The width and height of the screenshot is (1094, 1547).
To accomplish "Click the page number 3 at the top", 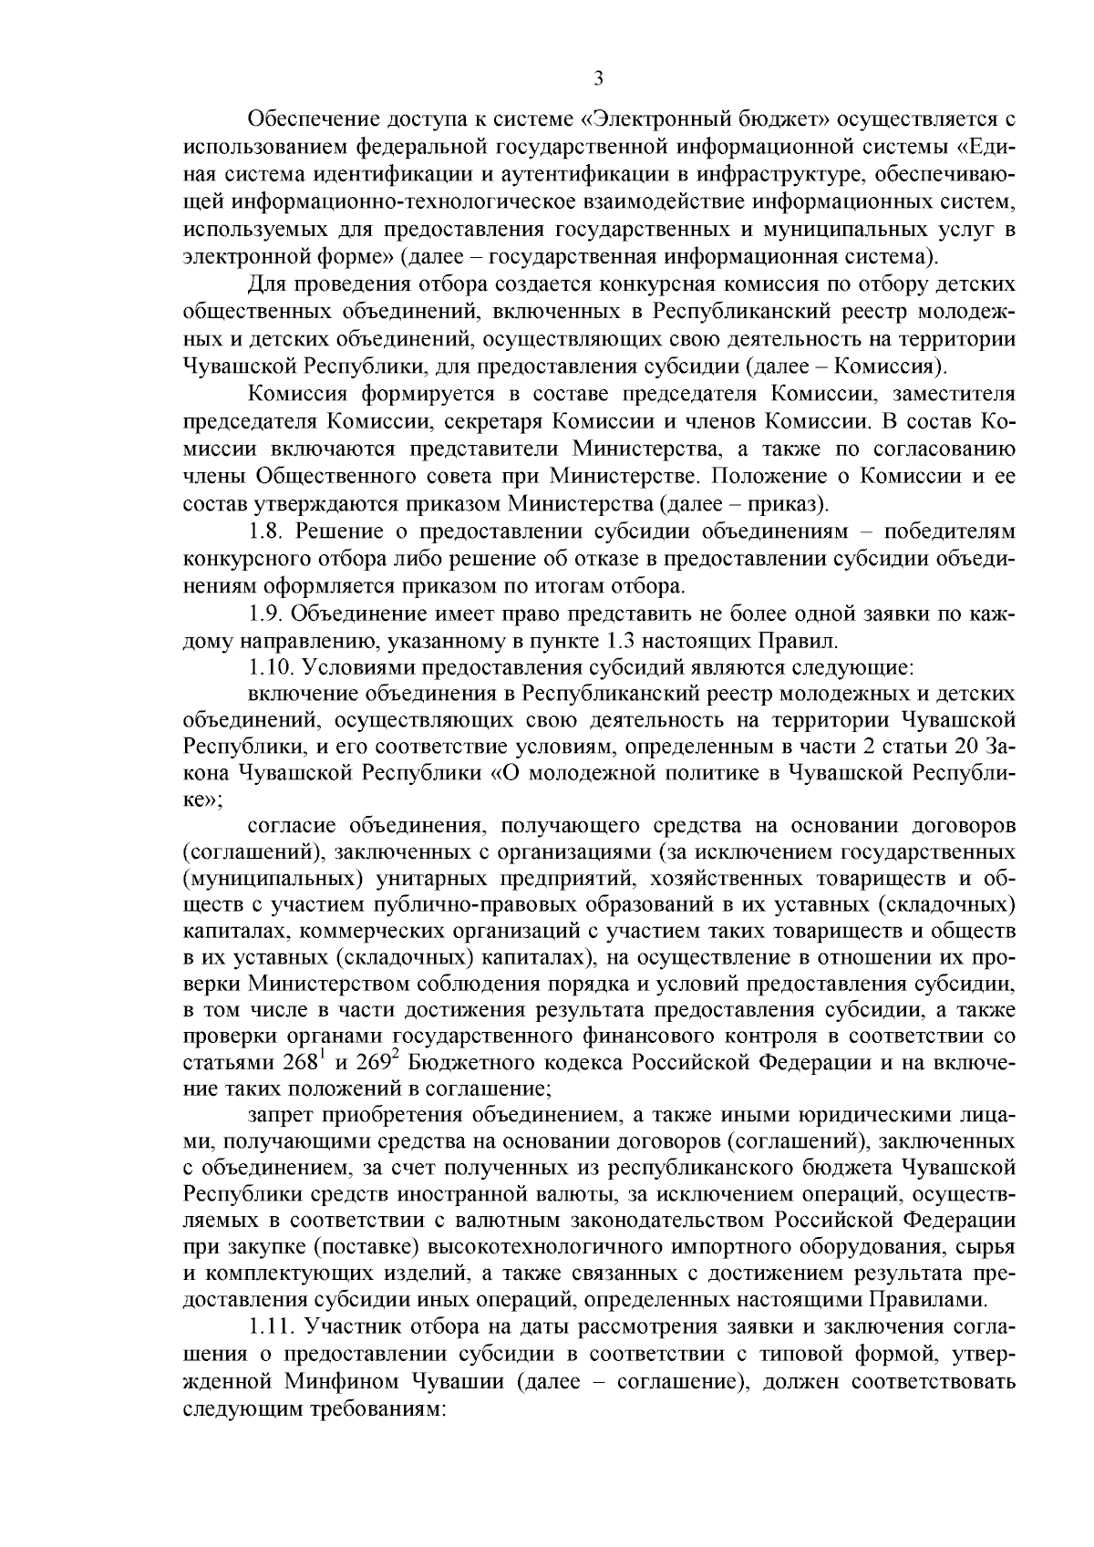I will (x=598, y=79).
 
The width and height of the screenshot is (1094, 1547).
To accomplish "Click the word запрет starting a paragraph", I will (x=279, y=1116).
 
